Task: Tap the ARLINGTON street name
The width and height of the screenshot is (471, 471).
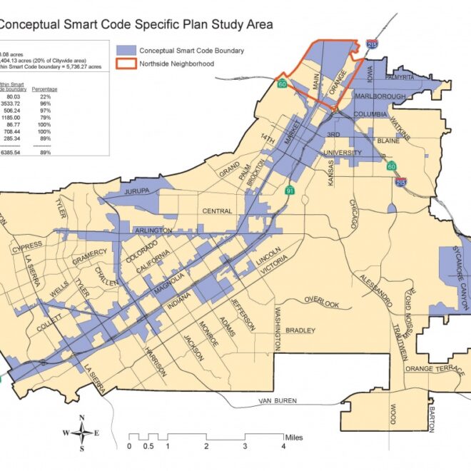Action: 152,231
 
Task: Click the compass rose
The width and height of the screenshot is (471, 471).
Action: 83,432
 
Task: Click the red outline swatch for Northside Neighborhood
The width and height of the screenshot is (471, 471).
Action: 126,64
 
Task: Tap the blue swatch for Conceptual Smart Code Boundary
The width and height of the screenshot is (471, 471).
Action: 126,51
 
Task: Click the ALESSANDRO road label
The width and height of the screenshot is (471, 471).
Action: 375,286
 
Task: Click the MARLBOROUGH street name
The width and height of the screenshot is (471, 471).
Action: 380,96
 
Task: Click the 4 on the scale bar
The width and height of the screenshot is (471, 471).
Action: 283,447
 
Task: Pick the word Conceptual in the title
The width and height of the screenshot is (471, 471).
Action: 31,24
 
